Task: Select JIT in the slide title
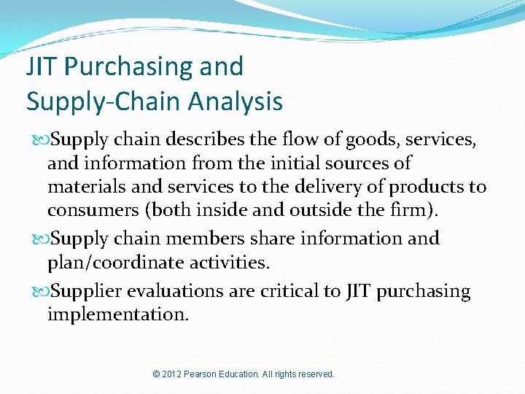point(42,66)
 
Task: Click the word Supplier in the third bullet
point(87,292)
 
